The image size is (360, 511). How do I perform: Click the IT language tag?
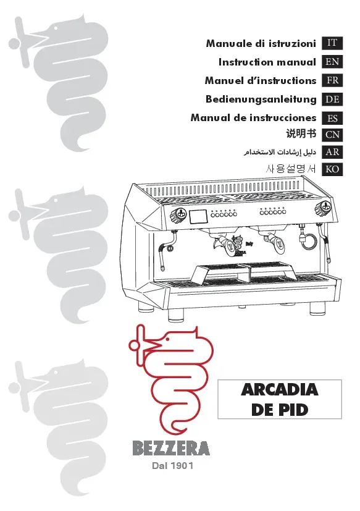(x=332, y=43)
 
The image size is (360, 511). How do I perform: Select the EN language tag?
(x=332, y=62)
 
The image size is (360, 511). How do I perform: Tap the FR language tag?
(x=332, y=81)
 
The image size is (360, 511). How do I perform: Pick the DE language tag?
(x=332, y=99)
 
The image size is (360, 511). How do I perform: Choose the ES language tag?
(x=332, y=118)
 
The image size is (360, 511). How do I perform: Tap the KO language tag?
(x=332, y=169)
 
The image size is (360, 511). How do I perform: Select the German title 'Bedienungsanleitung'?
(x=261, y=99)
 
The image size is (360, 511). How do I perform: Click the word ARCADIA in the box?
(x=280, y=391)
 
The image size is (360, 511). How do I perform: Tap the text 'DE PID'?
(x=280, y=410)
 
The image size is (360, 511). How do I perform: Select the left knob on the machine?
(x=177, y=214)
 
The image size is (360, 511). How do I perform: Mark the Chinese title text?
(x=301, y=134)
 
